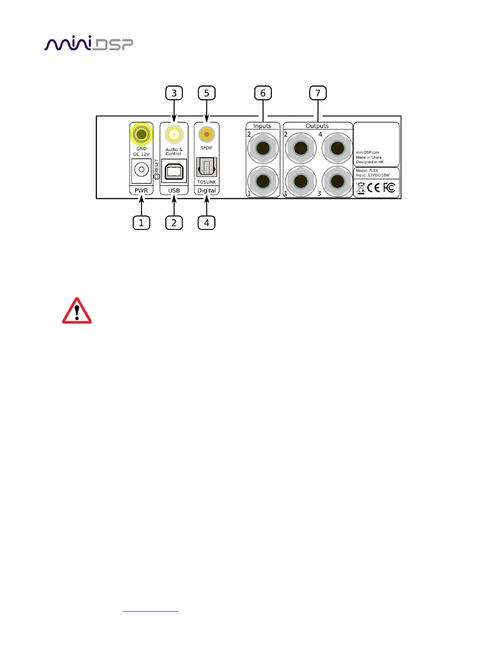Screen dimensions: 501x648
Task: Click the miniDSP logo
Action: [x=88, y=44]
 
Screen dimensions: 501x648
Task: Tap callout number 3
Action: [x=174, y=93]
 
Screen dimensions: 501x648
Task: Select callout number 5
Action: [x=207, y=93]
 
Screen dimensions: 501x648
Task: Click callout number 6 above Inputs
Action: [x=263, y=93]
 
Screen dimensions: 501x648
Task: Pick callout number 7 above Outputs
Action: [x=318, y=93]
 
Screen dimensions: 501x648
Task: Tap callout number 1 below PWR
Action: [x=141, y=223]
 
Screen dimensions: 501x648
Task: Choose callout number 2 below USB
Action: [x=174, y=223]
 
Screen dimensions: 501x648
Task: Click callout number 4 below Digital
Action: [x=207, y=223]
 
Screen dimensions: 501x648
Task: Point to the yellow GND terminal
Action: [x=141, y=134]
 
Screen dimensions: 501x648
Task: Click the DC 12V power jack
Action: [x=141, y=169]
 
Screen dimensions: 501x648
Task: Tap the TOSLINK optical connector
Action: [x=207, y=167]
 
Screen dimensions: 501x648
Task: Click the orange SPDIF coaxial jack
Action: [x=207, y=134]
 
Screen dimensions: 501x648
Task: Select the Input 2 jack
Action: [x=263, y=148]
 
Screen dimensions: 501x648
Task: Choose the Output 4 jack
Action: [x=337, y=148]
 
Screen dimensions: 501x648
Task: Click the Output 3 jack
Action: [x=337, y=181]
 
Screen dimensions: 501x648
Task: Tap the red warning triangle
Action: [x=77, y=311]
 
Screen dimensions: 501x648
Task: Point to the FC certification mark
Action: [x=389, y=188]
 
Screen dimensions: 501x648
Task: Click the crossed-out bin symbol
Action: [x=361, y=188]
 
